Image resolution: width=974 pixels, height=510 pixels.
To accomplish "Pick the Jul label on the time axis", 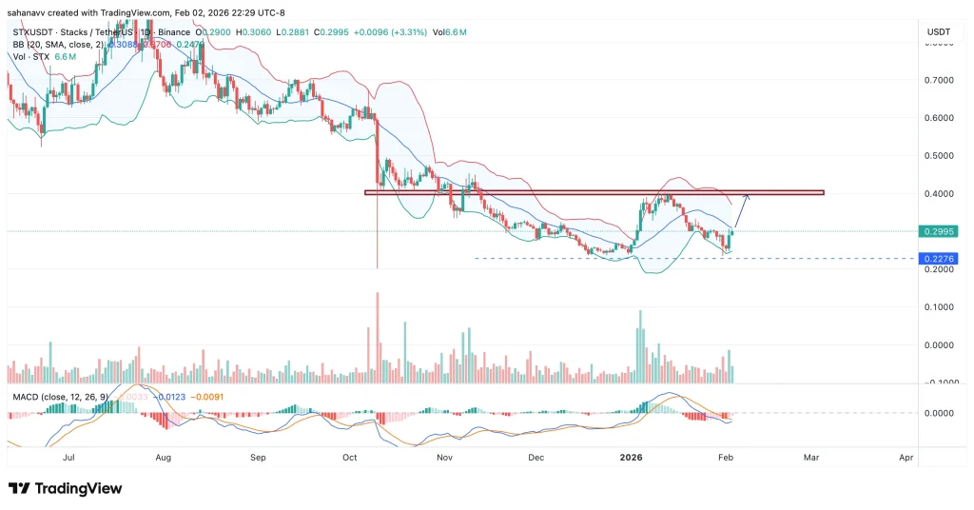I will click(68, 458).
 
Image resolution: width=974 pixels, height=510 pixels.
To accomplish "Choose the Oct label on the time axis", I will click(349, 458).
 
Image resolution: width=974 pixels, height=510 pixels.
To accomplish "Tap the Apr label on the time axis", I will click(906, 458).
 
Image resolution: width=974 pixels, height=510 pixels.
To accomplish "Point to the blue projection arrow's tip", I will click(748, 195).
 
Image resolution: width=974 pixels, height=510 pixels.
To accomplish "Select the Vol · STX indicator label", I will click(31, 56).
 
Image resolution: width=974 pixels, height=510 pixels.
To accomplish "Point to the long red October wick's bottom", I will click(378, 267).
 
